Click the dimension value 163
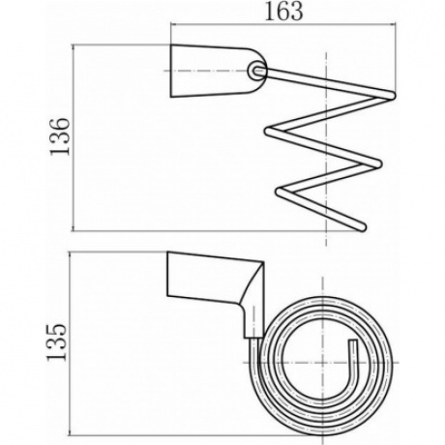pos(283,12)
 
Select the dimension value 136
pos(59,136)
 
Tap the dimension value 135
pos(57,342)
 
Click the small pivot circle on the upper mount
pos(256,71)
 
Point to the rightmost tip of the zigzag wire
pos(394,95)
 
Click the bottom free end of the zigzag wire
pos(363,227)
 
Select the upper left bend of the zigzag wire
pos(269,132)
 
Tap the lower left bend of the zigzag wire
pos(280,192)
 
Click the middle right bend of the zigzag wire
pos(378,163)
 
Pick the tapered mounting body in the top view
pos(216,71)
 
